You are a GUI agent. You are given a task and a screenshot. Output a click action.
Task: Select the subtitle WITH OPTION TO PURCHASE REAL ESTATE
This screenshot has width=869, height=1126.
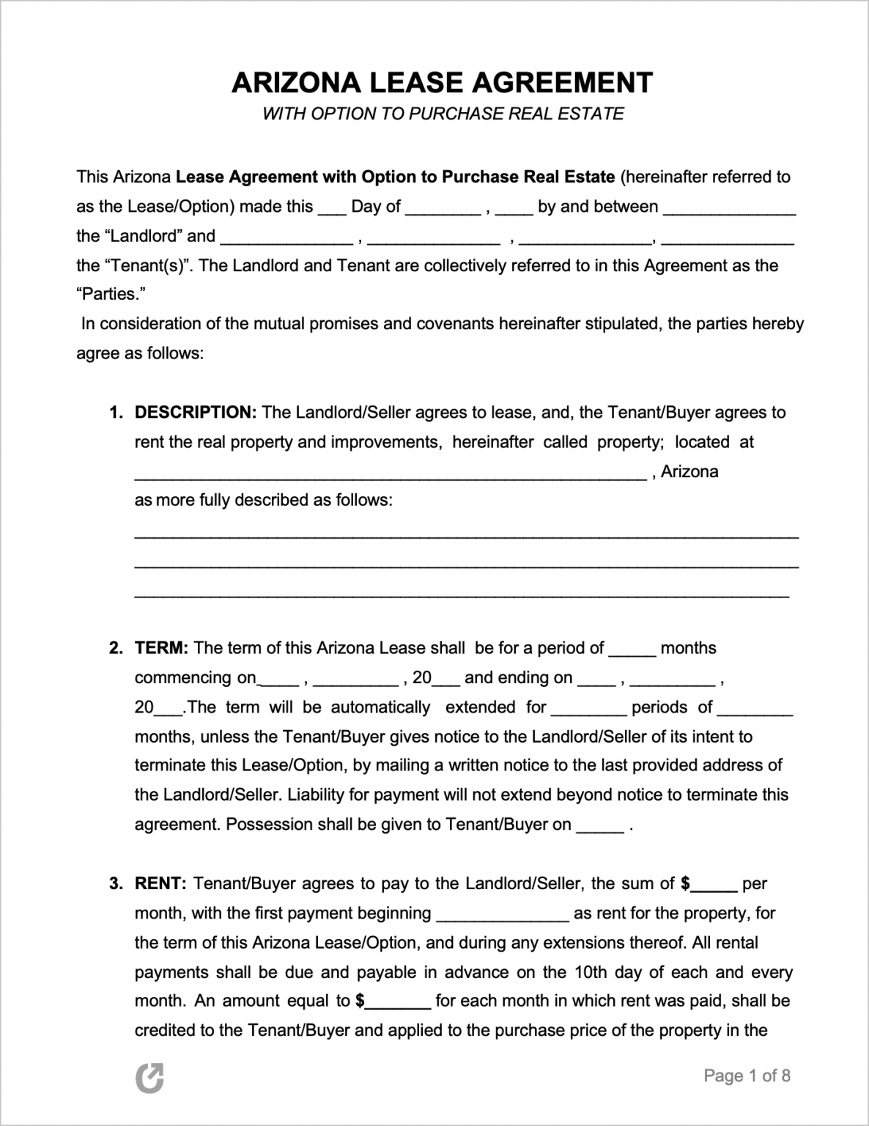pyautogui.click(x=443, y=114)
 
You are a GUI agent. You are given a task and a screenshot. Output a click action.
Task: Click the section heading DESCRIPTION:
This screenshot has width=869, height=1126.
pyautogui.click(x=195, y=412)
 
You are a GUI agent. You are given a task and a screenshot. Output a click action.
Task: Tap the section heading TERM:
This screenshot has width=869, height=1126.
pyautogui.click(x=162, y=648)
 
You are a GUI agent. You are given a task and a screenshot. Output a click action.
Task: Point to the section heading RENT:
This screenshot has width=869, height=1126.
pyautogui.click(x=161, y=883)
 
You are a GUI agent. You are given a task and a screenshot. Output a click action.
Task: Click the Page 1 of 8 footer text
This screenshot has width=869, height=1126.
pyautogui.click(x=747, y=1075)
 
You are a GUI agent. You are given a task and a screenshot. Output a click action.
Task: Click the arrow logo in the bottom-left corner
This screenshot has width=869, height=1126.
pyautogui.click(x=149, y=1078)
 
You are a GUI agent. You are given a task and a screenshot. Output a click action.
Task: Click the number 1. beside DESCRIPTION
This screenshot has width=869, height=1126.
pyautogui.click(x=116, y=412)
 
